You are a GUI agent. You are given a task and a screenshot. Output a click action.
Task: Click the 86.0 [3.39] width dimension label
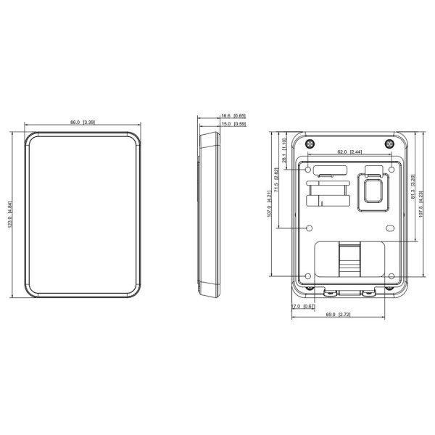(82, 122)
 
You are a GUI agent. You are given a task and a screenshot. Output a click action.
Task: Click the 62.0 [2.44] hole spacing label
(350, 152)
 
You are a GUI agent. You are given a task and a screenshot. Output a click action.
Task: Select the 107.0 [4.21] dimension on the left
(268, 203)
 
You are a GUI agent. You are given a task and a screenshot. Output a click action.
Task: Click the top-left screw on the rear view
(310, 141)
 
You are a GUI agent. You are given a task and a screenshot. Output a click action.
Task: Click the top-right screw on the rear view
(392, 141)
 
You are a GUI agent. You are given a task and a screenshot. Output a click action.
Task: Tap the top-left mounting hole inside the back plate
(310, 168)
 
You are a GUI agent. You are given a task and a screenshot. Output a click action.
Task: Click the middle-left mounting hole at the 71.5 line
(310, 228)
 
